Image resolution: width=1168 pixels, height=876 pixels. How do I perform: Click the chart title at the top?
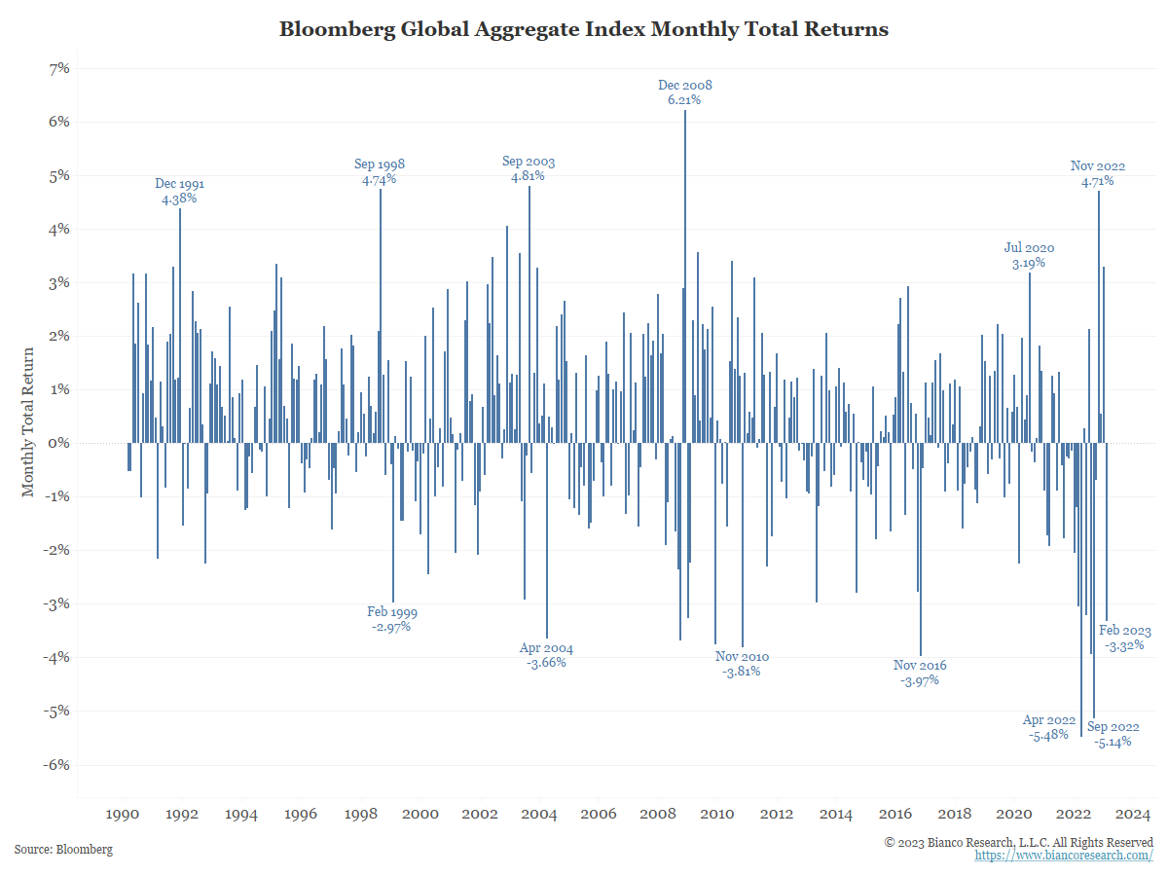coord(584,29)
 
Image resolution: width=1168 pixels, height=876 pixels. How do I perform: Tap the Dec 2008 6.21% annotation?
coord(684,92)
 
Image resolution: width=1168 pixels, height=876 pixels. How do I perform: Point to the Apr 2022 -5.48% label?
coord(1048,728)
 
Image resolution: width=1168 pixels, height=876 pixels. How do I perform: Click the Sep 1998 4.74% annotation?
coord(380,172)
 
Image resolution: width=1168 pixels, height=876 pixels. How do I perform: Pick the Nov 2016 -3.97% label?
coord(920,673)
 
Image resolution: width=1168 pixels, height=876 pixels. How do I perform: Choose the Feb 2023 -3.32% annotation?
coord(1124,638)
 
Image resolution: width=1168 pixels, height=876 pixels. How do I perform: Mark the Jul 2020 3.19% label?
coord(1029,255)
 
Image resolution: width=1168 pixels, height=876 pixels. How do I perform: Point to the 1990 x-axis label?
coord(122,815)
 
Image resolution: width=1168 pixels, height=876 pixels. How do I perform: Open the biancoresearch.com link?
coord(1064,855)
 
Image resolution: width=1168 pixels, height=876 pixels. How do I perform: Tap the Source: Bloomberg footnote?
coord(63,850)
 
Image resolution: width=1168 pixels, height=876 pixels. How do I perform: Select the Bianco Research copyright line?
coord(1018,841)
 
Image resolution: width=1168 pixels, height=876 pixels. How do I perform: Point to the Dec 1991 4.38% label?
coord(179,191)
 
